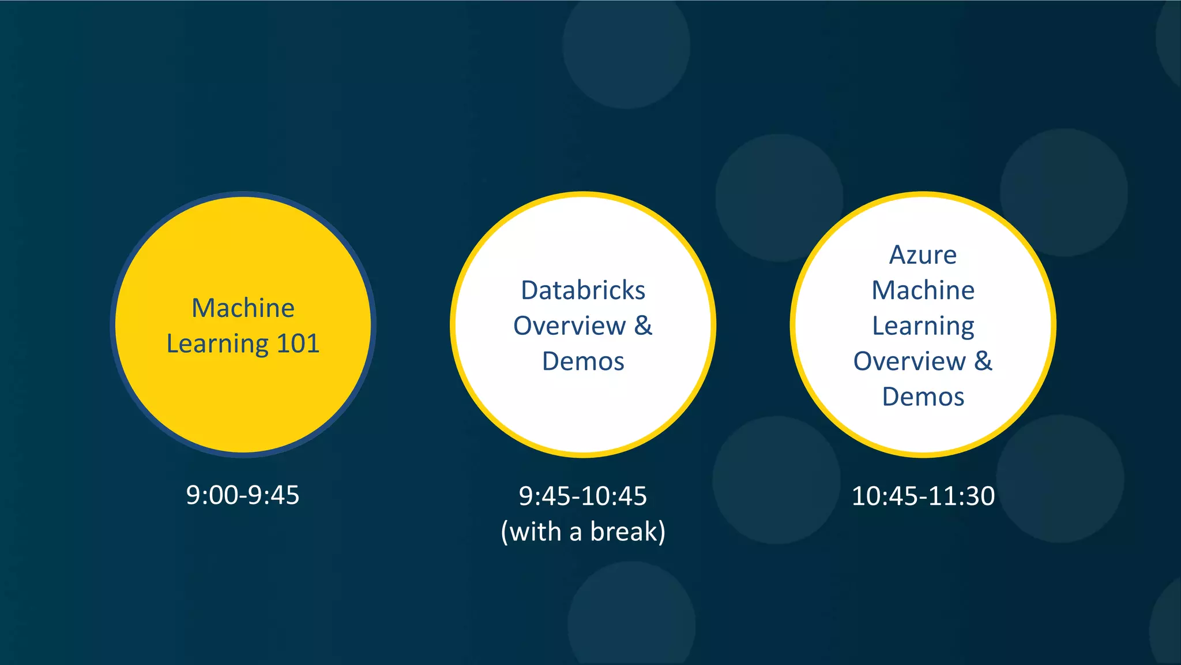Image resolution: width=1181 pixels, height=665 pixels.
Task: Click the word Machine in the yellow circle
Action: [x=243, y=308]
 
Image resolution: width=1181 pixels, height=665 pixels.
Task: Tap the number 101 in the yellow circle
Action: [x=298, y=343]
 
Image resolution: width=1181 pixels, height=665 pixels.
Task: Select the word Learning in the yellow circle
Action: [x=217, y=345]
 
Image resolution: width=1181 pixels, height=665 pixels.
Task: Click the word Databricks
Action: [x=583, y=290]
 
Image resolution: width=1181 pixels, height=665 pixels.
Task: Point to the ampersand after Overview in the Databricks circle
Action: [x=644, y=326]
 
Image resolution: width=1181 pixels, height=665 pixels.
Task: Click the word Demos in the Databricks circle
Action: [x=583, y=361]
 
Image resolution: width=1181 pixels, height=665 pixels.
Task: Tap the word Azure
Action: [x=923, y=255]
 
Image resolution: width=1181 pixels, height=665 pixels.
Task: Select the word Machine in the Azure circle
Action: [x=923, y=290]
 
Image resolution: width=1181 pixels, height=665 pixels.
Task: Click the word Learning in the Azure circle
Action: [x=923, y=327]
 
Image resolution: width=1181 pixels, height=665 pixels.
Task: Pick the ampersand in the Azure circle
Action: [x=984, y=361]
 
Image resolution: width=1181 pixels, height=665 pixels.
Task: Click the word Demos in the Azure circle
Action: [x=923, y=397]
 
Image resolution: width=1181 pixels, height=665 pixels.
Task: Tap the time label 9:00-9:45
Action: [x=243, y=495]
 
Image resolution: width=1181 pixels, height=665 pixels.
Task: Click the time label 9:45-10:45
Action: [x=583, y=496]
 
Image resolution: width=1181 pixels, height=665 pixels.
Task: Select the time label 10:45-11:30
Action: [x=923, y=496]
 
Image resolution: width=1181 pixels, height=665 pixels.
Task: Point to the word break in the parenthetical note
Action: [x=623, y=531]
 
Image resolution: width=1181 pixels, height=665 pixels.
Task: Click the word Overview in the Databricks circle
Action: [x=569, y=326]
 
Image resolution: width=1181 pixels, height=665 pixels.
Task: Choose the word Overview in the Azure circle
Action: [x=909, y=361]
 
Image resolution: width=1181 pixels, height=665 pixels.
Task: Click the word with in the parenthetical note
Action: [x=536, y=531]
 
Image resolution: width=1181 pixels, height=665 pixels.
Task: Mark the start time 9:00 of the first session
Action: [x=212, y=495]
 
